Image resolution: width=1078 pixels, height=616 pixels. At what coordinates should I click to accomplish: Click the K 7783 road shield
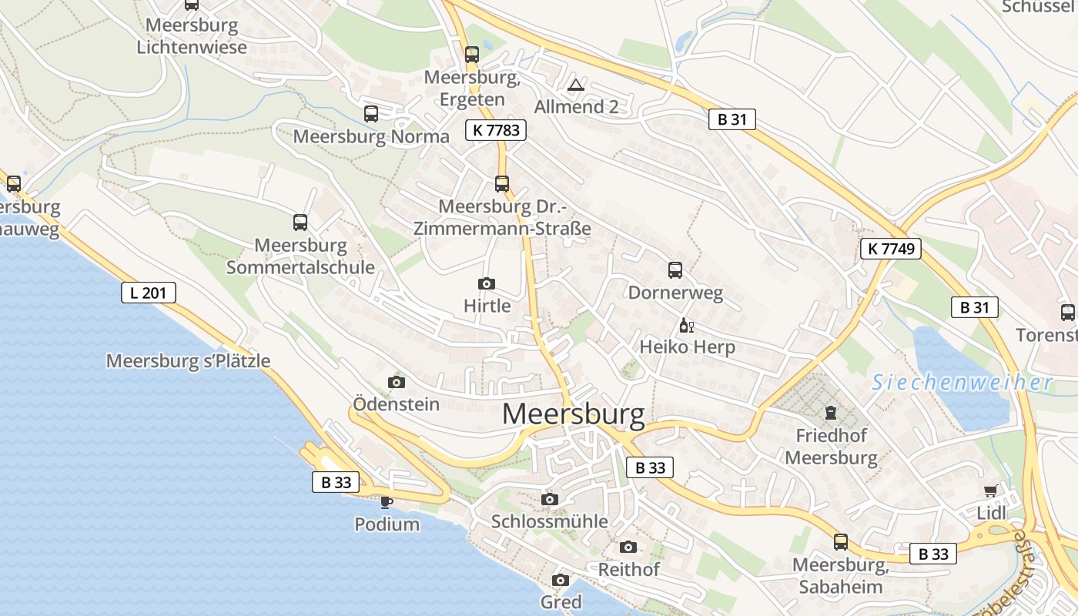496,130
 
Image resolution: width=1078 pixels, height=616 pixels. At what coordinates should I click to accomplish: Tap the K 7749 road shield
891,248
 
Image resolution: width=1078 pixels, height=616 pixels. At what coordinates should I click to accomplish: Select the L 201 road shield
149,293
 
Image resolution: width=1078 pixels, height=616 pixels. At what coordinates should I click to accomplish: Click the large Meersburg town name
573,415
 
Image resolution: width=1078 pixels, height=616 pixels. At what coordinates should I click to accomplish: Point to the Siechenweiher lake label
962,383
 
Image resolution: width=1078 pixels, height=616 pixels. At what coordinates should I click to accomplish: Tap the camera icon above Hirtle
487,284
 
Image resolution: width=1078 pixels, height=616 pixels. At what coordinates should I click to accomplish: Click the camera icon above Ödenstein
397,382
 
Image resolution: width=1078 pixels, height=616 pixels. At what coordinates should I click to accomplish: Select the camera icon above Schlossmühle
549,499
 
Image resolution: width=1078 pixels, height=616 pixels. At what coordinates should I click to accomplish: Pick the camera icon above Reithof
628,547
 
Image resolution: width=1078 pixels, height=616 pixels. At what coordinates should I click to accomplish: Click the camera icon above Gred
561,580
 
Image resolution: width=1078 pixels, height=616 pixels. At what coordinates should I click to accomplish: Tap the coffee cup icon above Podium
387,502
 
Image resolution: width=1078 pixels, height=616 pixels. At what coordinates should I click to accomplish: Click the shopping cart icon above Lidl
990,491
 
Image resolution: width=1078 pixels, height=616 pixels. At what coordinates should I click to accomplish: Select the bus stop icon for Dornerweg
675,270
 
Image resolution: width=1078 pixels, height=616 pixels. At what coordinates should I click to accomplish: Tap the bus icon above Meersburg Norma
371,114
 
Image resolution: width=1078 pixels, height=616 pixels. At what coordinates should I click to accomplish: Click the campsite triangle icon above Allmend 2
575,85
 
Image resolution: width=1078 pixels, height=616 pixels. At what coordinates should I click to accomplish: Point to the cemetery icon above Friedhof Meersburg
830,413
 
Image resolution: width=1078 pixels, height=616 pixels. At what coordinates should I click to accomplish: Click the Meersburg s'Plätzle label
188,360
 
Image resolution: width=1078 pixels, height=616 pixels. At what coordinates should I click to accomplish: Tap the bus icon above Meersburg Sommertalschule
300,223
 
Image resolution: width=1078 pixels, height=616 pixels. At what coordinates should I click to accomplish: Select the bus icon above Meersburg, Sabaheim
841,542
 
